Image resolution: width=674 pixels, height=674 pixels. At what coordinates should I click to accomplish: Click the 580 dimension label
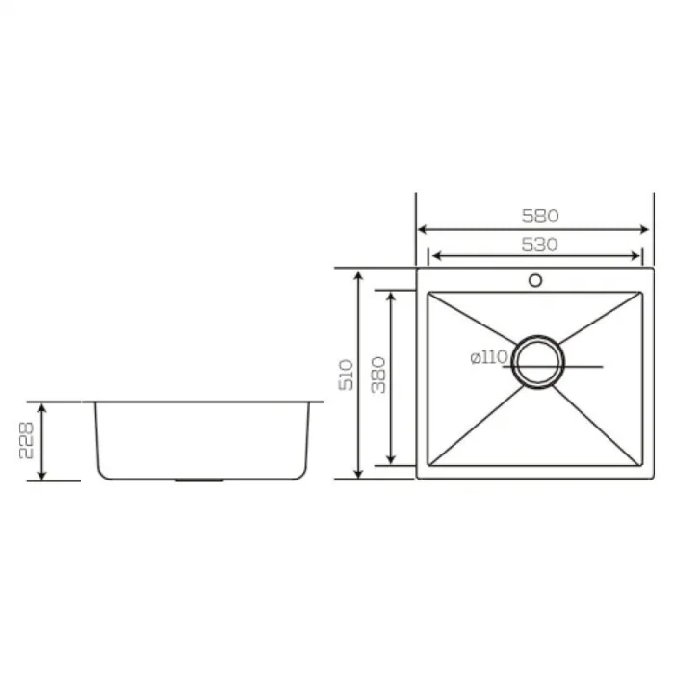tap(539, 216)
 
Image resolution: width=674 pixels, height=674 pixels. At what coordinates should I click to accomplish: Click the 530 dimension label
tap(539, 245)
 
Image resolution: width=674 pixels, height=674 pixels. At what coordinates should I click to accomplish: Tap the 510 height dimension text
tap(346, 374)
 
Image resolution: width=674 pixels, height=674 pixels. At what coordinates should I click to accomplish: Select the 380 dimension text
tap(377, 374)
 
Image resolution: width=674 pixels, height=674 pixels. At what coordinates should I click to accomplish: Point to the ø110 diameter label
tap(489, 357)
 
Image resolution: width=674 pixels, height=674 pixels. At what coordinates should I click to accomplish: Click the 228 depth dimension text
tap(30, 441)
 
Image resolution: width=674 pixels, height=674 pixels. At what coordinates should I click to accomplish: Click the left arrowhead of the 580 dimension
tap(421, 229)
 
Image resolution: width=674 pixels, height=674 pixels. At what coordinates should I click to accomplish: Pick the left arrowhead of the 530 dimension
tap(432, 256)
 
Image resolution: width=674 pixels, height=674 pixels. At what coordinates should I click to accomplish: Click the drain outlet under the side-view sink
tap(199, 478)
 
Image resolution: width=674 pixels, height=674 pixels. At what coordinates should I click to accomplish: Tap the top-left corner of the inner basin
tap(428, 292)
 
